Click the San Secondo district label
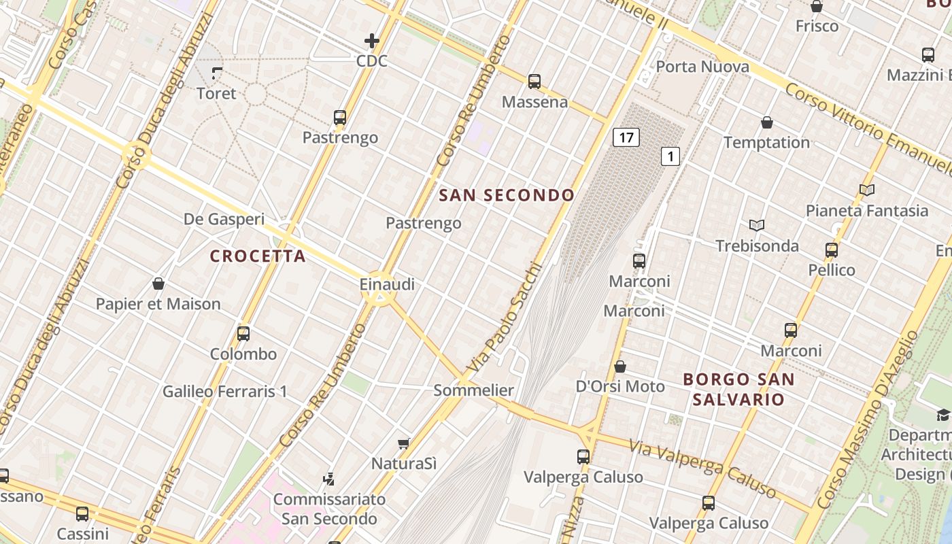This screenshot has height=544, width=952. click(507, 196)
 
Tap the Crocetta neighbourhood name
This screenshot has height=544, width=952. click(258, 256)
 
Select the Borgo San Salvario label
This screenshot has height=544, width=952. click(738, 389)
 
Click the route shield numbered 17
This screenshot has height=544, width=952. click(626, 138)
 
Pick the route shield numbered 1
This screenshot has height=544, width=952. click(670, 157)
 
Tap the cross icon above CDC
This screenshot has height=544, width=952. click(372, 41)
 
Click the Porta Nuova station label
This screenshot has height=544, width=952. click(702, 67)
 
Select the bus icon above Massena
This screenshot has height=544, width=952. click(534, 82)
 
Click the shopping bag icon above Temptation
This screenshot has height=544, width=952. click(767, 122)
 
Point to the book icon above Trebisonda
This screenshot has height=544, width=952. click(757, 225)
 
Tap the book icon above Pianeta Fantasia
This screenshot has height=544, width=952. click(867, 190)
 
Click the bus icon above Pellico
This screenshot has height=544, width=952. click(832, 250)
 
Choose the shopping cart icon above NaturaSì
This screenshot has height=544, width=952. click(403, 443)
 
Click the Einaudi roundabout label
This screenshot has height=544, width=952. click(387, 284)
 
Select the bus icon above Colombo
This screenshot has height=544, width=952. click(243, 334)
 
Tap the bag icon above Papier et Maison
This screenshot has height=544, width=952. click(158, 284)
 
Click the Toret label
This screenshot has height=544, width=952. click(216, 94)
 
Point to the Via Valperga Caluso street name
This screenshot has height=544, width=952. click(702, 468)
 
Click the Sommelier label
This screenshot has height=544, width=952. click(473, 390)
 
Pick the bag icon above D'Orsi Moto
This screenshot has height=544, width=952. click(620, 367)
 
